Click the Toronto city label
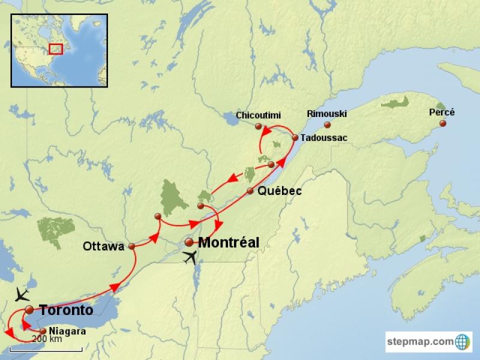coord(66,310)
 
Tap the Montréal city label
coord(229,243)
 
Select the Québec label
coord(279,191)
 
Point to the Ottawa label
coord(104,246)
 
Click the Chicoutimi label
coord(258,115)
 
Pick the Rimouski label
coord(326,114)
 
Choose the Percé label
coord(442,112)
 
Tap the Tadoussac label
coord(324,138)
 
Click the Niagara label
coord(67,331)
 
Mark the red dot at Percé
coord(443,124)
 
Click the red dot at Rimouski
coord(327,125)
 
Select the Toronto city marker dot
coord(29,310)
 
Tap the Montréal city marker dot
coord(189,242)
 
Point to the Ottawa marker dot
coord(131,246)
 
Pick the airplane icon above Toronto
coord(22,294)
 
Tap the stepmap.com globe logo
coord(463,342)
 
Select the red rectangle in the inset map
coord(55,49)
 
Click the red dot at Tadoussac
coord(295,137)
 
